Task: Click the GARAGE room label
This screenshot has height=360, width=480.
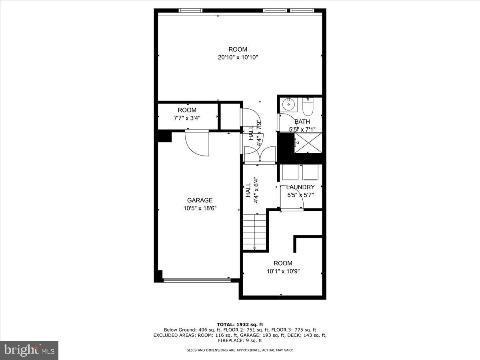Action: (x=200, y=200)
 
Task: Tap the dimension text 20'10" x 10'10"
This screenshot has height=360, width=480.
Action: (x=238, y=57)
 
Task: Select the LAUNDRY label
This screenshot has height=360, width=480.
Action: (x=300, y=187)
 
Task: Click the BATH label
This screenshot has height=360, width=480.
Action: (x=302, y=122)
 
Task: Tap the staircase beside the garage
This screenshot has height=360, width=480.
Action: (x=255, y=232)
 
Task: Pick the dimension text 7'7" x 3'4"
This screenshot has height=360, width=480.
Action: (x=187, y=118)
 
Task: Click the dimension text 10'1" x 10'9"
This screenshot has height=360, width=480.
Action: (x=283, y=271)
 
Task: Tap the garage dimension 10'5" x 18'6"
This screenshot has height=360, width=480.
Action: (x=200, y=208)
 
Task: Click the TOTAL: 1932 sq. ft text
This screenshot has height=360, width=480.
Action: (x=240, y=324)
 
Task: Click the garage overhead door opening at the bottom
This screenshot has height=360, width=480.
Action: (x=197, y=280)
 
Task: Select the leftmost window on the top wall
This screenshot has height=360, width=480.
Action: (x=190, y=10)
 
